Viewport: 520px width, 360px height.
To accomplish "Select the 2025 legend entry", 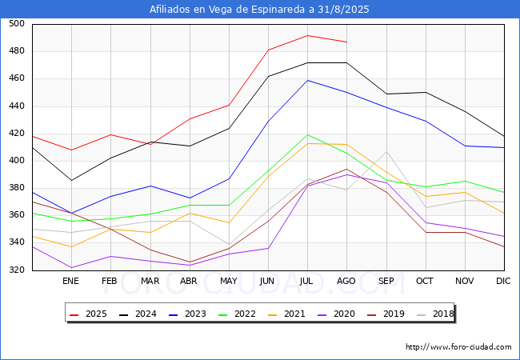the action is pyautogui.click(x=88, y=314).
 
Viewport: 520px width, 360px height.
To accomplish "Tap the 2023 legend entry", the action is pyautogui.click(x=187, y=314).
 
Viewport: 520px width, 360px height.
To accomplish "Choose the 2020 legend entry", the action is pyautogui.click(x=336, y=314).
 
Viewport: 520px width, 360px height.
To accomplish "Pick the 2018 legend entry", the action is pyautogui.click(x=435, y=314).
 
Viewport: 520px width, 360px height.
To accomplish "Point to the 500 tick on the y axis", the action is pyautogui.click(x=17, y=23).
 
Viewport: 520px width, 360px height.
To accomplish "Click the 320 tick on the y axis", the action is pyautogui.click(x=17, y=270).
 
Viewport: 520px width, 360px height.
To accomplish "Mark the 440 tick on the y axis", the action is pyautogui.click(x=17, y=106).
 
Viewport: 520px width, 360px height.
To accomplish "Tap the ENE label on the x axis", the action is pyautogui.click(x=70, y=281).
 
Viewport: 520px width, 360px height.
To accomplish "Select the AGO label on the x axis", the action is pyautogui.click(x=346, y=281).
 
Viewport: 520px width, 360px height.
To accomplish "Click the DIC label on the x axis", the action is pyautogui.click(x=503, y=281).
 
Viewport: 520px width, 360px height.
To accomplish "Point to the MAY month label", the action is pyautogui.click(x=229, y=281).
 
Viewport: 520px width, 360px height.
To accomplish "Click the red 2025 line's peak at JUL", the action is pyautogui.click(x=308, y=35).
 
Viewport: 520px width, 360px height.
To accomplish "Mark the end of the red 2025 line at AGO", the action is pyautogui.click(x=347, y=42).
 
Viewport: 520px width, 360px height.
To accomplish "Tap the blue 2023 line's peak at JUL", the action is pyautogui.click(x=308, y=80).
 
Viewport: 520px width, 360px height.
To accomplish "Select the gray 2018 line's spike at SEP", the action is pyautogui.click(x=386, y=152).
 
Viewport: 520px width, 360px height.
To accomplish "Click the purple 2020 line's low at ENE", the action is pyautogui.click(x=71, y=267).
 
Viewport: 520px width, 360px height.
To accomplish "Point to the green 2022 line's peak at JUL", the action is pyautogui.click(x=308, y=134).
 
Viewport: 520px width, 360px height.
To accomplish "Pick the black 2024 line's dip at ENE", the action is pyautogui.click(x=71, y=180).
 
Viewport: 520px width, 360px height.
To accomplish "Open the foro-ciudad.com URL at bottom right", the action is pyautogui.click(x=458, y=347).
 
